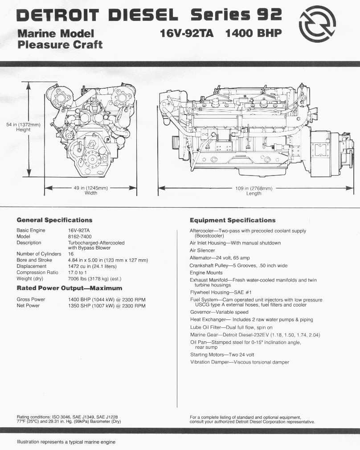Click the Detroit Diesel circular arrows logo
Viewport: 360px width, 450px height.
pos(317,24)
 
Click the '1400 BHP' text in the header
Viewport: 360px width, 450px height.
pos(254,33)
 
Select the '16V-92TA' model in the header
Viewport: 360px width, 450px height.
pos(187,33)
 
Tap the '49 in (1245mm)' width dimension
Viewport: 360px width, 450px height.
pos(91,188)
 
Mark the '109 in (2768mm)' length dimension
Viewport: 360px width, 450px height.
pos(254,188)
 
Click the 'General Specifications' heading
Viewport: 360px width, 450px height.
pos(54,220)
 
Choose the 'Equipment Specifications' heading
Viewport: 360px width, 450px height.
pos(233,220)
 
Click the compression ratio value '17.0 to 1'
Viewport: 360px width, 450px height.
pos(78,272)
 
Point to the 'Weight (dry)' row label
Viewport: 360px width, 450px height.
pos(30,278)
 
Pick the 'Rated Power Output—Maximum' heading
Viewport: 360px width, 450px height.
pos(69,288)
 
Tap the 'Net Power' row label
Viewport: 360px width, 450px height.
pos(28,306)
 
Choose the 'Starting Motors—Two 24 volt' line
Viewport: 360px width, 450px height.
pos(222,355)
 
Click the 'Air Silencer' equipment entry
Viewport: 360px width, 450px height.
pos(202,250)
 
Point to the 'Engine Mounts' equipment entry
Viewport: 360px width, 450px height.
pos(206,273)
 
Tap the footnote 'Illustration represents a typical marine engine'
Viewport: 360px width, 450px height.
pos(66,442)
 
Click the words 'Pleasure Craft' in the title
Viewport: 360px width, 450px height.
pos(60,45)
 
